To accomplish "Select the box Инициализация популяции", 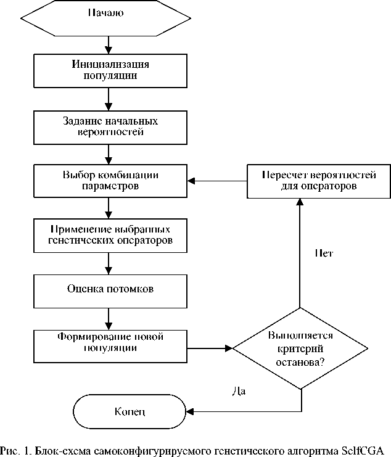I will [110, 70].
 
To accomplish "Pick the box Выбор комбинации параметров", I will [110, 180].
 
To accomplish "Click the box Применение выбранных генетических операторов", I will [110, 234].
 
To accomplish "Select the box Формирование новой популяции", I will [110, 342].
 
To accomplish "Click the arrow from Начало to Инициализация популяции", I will [109, 45].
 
